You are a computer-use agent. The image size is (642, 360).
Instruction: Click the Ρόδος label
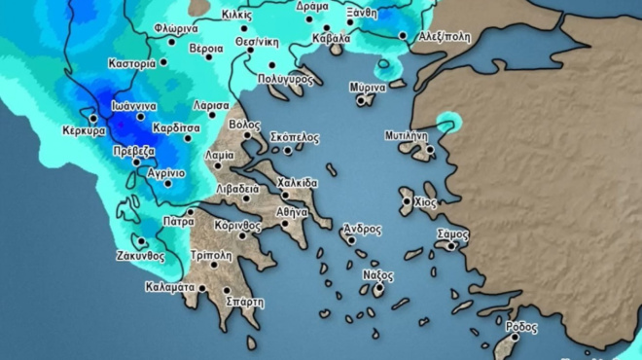click(x=522, y=327)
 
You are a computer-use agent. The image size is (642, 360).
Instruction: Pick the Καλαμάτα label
click(x=171, y=287)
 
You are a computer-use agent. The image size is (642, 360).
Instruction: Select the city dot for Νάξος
click(x=378, y=288)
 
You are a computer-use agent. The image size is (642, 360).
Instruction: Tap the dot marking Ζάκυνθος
click(x=142, y=242)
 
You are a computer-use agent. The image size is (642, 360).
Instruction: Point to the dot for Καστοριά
click(x=162, y=62)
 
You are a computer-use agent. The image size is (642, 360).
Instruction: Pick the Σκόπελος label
click(x=294, y=137)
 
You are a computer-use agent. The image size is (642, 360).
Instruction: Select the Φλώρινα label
click(x=176, y=29)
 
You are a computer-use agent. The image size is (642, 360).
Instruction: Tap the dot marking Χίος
click(x=408, y=202)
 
